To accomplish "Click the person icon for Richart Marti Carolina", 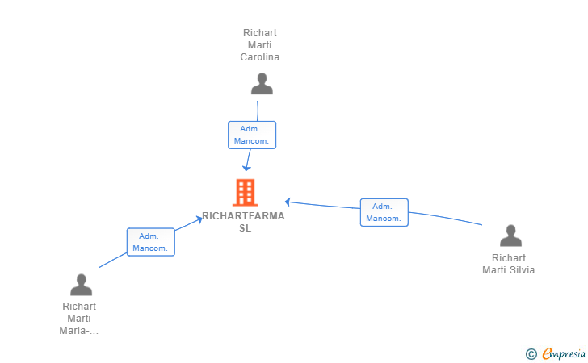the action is click(x=262, y=84).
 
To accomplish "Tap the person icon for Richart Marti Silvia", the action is click(x=510, y=236).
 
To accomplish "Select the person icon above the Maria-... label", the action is click(x=81, y=285).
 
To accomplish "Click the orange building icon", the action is click(x=246, y=193).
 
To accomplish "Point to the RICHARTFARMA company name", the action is click(x=243, y=216).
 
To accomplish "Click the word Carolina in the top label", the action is click(x=260, y=57).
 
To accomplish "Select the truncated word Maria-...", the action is click(x=79, y=331).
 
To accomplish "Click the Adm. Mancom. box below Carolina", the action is click(x=252, y=135).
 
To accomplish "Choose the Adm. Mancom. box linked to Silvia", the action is click(x=384, y=212).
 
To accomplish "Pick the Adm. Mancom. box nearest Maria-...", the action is click(x=151, y=242).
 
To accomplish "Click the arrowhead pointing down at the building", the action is click(x=246, y=168).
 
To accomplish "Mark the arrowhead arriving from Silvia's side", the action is click(x=288, y=202).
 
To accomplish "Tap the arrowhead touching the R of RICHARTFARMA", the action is click(x=199, y=219).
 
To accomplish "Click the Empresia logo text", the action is click(x=564, y=353).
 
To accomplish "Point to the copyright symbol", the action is click(x=531, y=354).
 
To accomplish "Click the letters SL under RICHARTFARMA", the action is click(x=246, y=228).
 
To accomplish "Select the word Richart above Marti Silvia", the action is click(x=509, y=258).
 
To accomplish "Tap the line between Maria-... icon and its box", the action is click(x=113, y=261).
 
